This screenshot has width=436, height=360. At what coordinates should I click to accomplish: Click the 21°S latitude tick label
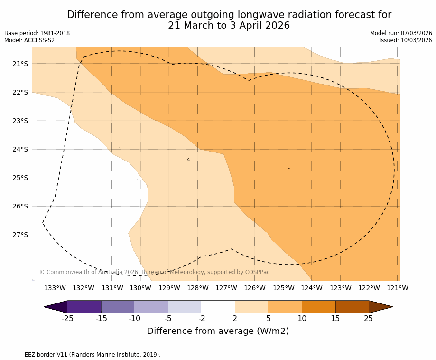pyautogui.click(x=20, y=64)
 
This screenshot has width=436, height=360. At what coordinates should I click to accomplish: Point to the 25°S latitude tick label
pyautogui.click(x=20, y=178)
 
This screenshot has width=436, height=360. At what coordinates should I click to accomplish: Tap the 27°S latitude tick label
pyautogui.click(x=20, y=235)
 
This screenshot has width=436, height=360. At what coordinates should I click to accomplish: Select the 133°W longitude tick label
pyautogui.click(x=55, y=288)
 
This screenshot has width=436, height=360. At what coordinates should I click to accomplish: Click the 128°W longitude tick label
pyautogui.click(x=198, y=288)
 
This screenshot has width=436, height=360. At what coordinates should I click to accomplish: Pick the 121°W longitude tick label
pyautogui.click(x=398, y=288)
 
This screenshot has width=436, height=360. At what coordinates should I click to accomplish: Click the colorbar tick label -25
pyautogui.click(x=68, y=319)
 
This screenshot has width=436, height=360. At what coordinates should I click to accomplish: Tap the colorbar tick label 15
pyautogui.click(x=335, y=319)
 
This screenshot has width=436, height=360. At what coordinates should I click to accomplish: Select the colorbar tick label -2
pyautogui.click(x=202, y=319)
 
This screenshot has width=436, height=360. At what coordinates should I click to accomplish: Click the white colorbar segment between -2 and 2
pyautogui.click(x=218, y=307)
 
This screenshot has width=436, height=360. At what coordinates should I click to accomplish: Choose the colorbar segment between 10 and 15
pyautogui.click(x=318, y=307)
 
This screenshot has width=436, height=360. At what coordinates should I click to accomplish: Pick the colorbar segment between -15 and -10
pyautogui.click(x=118, y=307)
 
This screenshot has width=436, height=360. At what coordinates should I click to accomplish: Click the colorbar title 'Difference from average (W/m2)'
pyautogui.click(x=218, y=331)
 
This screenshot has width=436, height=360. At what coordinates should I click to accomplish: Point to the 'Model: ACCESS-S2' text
pyautogui.click(x=29, y=40)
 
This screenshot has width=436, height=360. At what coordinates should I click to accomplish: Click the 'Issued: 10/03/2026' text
pyautogui.click(x=406, y=40)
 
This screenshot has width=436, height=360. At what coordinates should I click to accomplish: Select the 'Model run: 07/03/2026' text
pyautogui.click(x=401, y=33)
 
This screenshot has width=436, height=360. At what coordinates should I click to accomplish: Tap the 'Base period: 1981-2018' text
pyautogui.click(x=37, y=33)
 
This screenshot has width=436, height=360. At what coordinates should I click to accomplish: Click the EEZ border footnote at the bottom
pyautogui.click(x=83, y=355)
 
